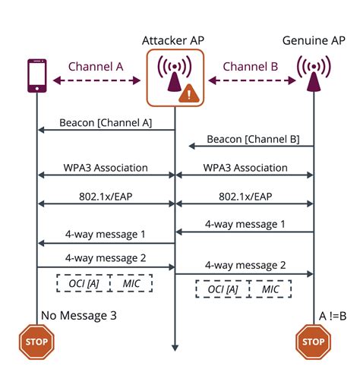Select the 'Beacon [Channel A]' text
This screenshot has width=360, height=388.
[106, 122]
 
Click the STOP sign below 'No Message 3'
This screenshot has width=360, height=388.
[36, 341]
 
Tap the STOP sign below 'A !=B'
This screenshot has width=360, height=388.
[313, 341]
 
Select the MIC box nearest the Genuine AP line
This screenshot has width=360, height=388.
[270, 289]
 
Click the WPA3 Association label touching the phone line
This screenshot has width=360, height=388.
[106, 167]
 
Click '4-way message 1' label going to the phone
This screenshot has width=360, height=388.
[106, 232]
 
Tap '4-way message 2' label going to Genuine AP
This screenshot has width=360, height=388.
[245, 265]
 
